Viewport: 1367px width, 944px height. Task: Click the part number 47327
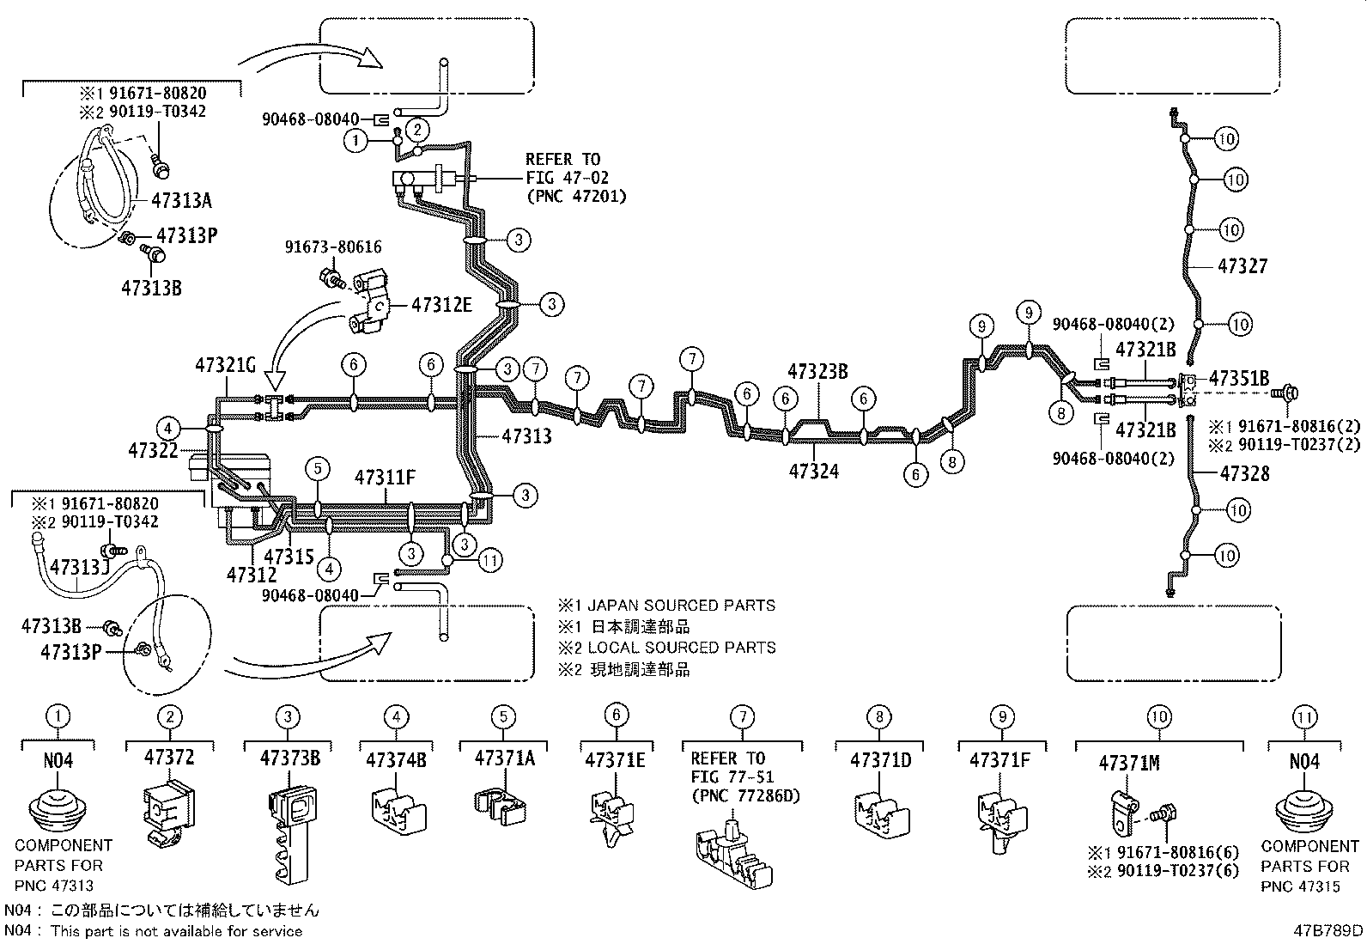point(1242,267)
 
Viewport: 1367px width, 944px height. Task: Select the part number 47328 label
point(1244,473)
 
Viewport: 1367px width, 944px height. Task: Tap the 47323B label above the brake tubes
point(817,371)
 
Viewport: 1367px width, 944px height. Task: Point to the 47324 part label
point(813,471)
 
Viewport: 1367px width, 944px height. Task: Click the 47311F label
point(386,477)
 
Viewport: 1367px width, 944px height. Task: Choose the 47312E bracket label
point(441,305)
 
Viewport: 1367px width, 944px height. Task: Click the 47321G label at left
point(225,364)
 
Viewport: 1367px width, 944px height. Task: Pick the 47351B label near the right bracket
point(1239,378)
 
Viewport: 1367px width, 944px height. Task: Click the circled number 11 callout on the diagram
point(490,561)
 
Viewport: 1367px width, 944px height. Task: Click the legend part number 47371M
point(1130,764)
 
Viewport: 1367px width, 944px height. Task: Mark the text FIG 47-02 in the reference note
point(562,178)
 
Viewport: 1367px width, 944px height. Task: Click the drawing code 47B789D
point(1329,929)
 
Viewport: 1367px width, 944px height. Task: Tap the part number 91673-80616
point(333,247)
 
